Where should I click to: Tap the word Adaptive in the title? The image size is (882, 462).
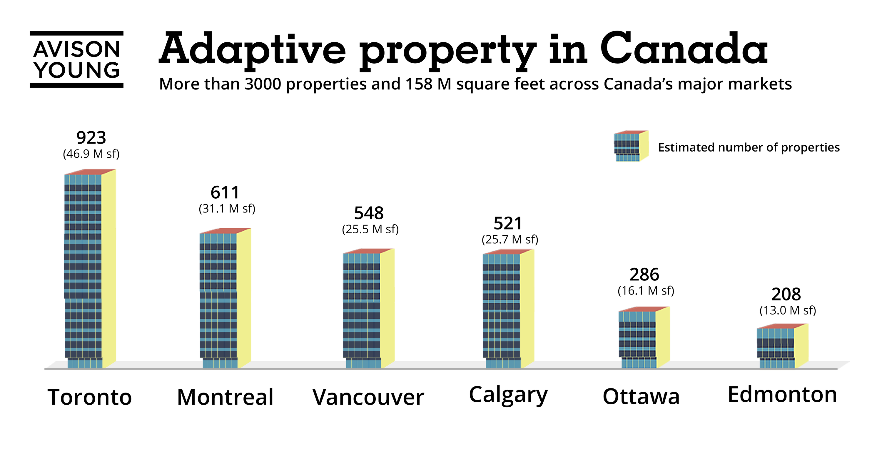(253, 50)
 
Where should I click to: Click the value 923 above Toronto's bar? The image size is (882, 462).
(91, 138)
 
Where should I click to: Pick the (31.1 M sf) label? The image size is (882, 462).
(227, 208)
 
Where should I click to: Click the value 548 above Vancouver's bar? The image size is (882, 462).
(369, 213)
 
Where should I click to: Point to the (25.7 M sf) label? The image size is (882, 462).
(510, 239)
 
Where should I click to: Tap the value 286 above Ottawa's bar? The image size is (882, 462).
(644, 275)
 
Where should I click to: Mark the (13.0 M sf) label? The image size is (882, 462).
(788, 310)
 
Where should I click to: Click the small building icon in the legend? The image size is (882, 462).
(631, 146)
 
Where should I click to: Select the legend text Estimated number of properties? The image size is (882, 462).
(749, 147)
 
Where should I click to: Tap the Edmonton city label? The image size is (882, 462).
(782, 395)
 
